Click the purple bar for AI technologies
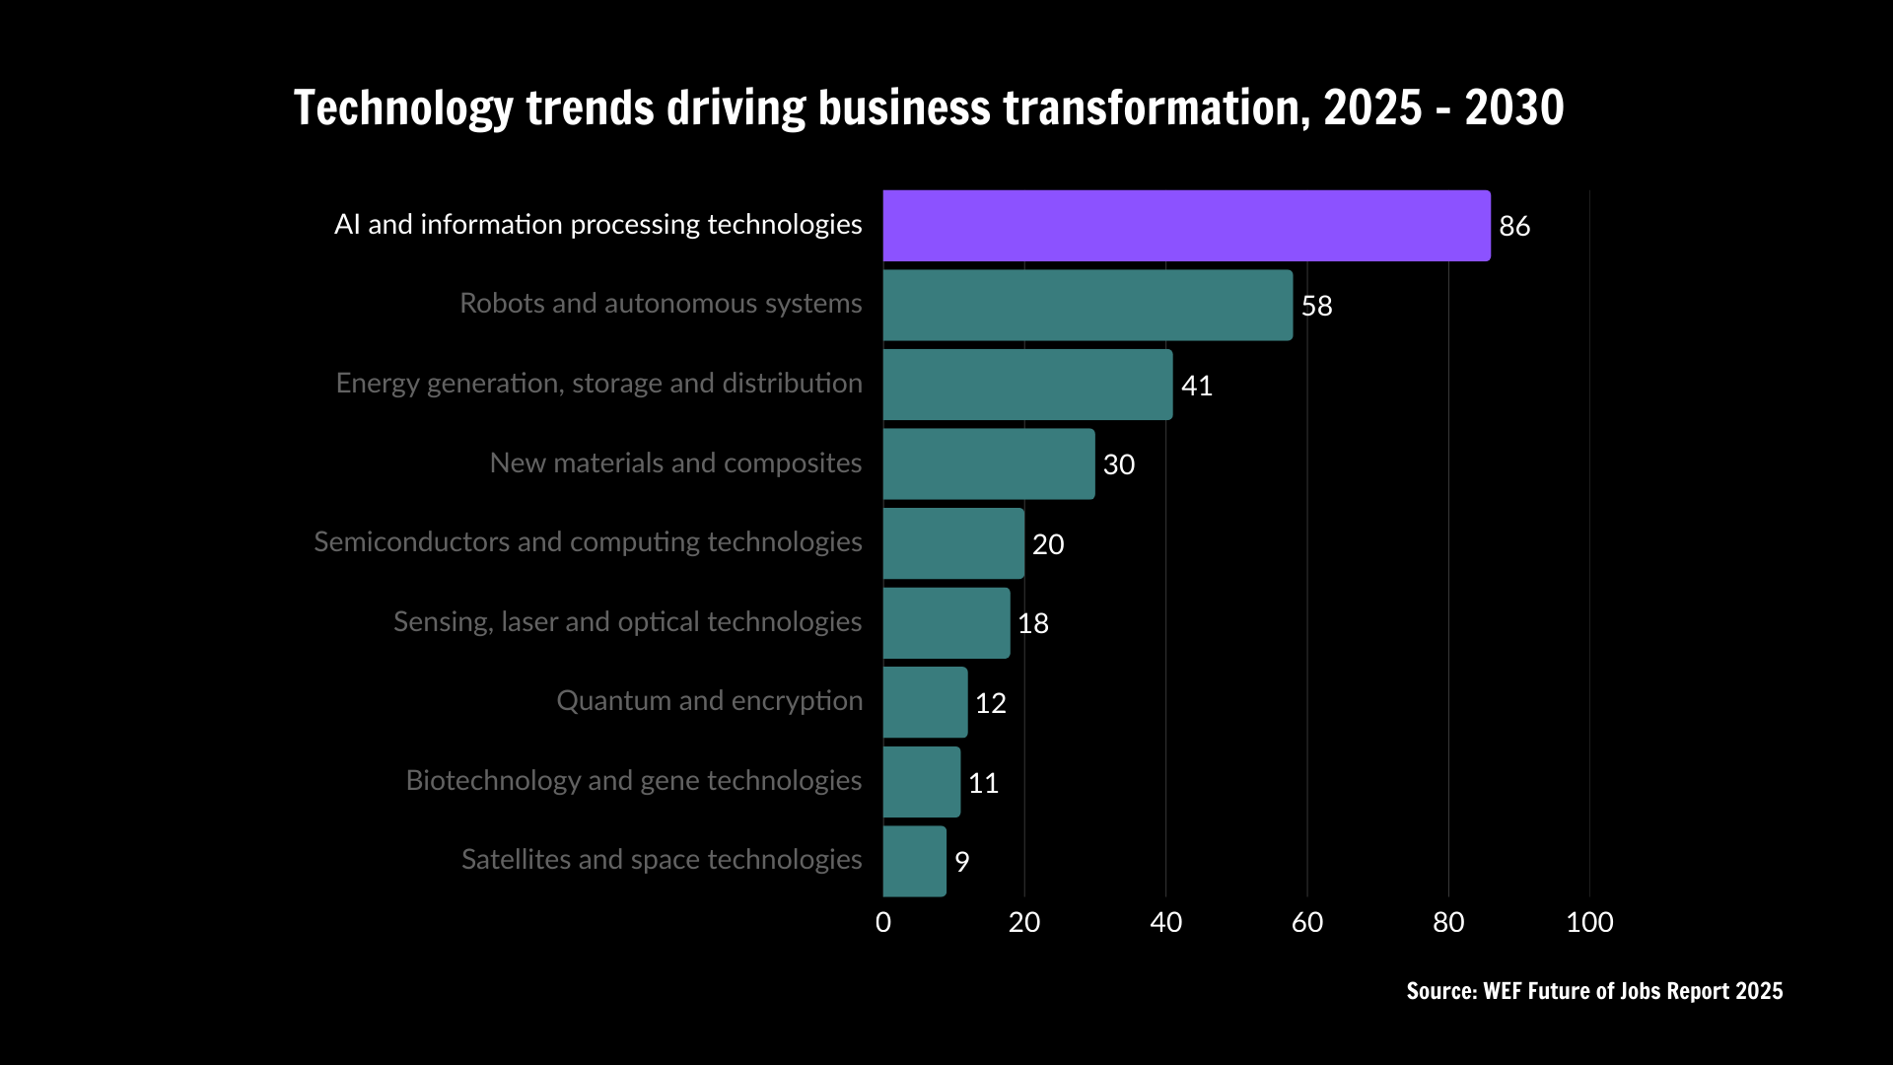point(1186,226)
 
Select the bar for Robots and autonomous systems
point(1087,306)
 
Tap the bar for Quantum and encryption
point(925,702)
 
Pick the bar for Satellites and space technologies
point(914,861)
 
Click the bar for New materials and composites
point(989,463)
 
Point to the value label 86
point(1514,226)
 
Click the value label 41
point(1197,386)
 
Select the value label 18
point(1033,623)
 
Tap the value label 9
point(962,862)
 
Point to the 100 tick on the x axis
point(1589,922)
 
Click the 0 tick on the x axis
point(883,922)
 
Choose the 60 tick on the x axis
point(1307,922)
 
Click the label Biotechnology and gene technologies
point(634,780)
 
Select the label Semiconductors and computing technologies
point(588,542)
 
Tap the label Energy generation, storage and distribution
point(599,383)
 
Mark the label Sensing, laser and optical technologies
point(628,621)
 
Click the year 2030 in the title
point(1514,107)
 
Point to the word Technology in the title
point(403,107)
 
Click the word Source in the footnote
point(1439,991)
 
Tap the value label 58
point(1317,306)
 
